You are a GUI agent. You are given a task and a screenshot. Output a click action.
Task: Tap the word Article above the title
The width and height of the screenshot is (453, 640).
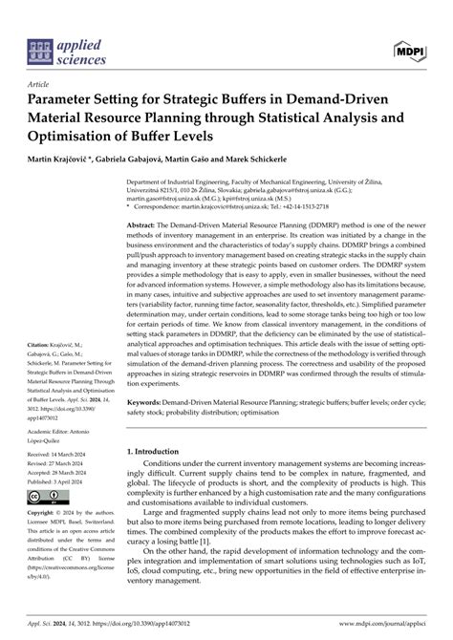pos(42,84)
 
